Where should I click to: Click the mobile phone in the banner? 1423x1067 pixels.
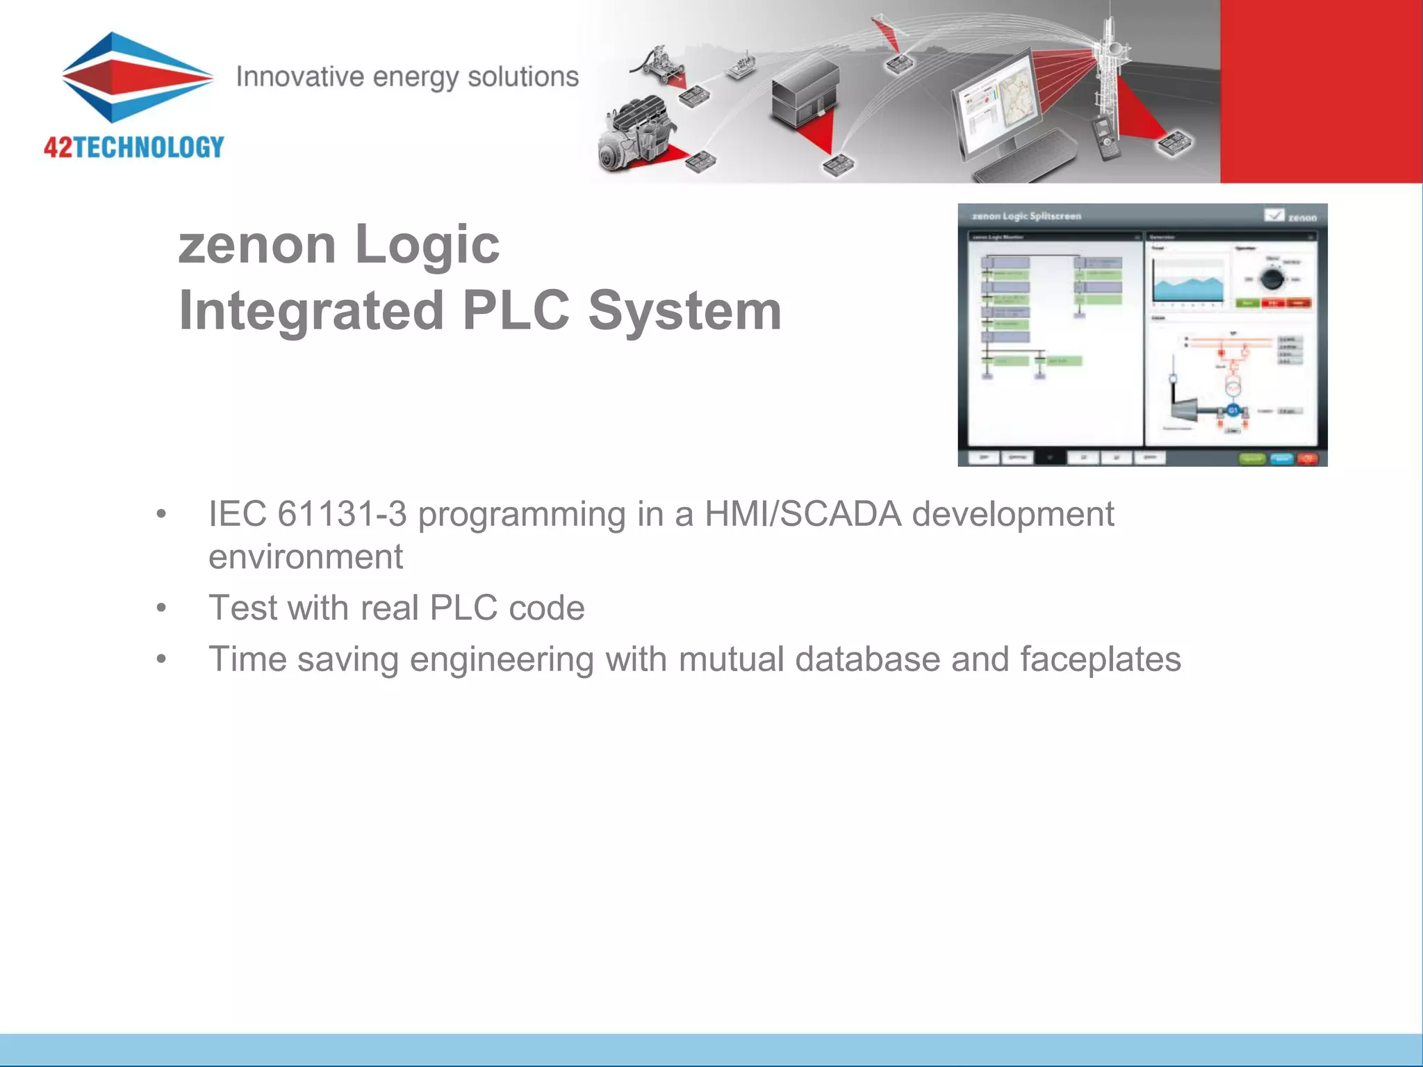(x=1103, y=138)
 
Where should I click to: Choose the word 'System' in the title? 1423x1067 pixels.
(x=685, y=311)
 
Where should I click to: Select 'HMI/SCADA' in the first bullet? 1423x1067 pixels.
(x=803, y=515)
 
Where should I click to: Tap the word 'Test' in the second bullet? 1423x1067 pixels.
(x=242, y=608)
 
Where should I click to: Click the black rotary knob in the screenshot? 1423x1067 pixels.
(x=1272, y=279)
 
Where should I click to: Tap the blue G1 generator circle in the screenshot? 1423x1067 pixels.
(x=1233, y=411)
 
